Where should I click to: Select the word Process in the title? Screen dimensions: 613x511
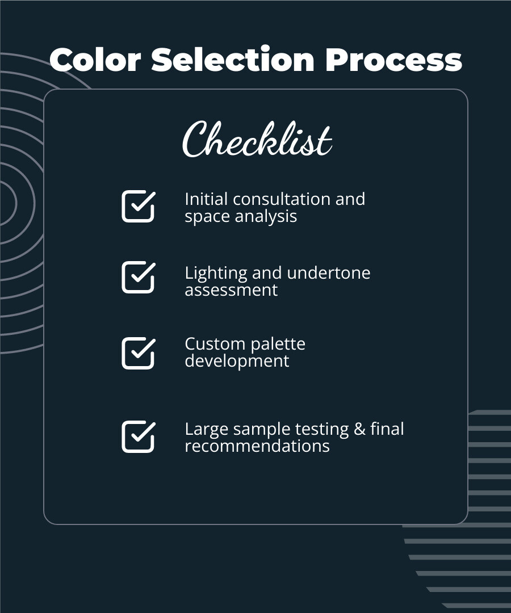click(x=393, y=60)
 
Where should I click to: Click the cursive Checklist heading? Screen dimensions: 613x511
click(x=257, y=140)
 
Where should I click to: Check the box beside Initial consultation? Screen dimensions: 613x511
click(x=138, y=206)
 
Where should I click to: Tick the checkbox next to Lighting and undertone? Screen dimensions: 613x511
click(x=138, y=277)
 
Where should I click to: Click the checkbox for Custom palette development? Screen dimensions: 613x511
click(x=138, y=353)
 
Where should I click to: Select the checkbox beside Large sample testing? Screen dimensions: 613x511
click(x=138, y=436)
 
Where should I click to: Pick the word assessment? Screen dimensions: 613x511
click(x=231, y=290)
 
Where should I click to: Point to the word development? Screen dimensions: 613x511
click(x=237, y=362)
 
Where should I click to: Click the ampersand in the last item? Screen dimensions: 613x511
click(x=359, y=429)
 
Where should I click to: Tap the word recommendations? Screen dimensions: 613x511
click(x=257, y=446)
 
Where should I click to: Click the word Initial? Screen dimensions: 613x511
click(x=206, y=199)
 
